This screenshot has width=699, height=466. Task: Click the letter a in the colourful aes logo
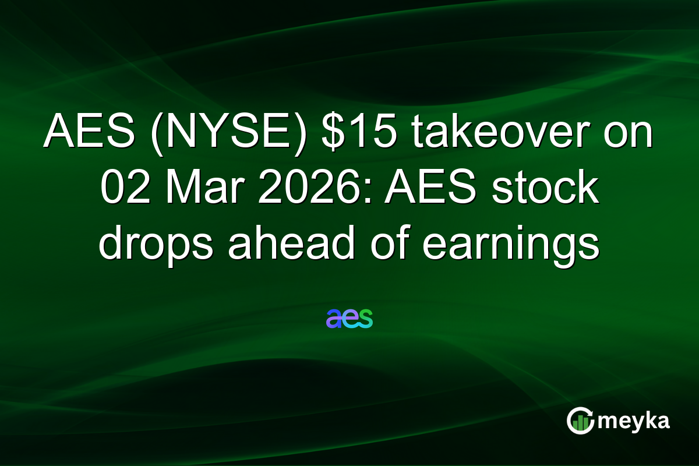[x=334, y=319]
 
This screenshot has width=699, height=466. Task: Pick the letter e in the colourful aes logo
[x=349, y=319]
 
